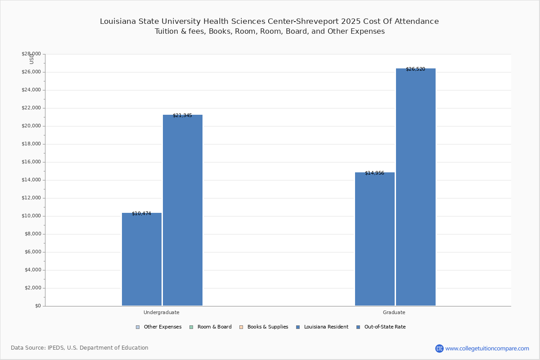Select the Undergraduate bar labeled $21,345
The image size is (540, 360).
183,210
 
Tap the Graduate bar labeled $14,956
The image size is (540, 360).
375,239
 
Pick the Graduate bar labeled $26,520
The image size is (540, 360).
416,187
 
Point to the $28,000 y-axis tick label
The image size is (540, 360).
31,54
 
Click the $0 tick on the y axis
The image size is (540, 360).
37,306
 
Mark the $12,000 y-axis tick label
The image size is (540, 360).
31,198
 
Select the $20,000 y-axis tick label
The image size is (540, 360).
31,126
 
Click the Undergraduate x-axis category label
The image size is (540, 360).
162,312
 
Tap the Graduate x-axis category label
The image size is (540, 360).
394,312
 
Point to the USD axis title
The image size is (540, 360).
31,59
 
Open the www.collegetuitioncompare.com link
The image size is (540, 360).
487,348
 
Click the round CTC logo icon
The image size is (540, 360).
439,348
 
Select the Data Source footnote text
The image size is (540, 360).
80,348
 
